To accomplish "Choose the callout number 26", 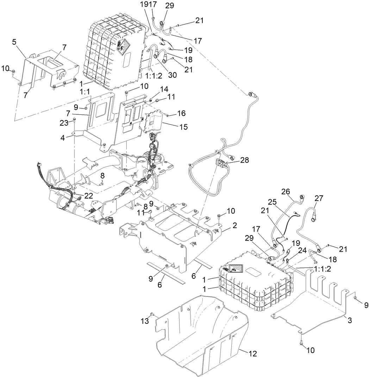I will [285, 191].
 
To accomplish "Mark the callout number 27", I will [319, 198].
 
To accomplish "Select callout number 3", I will [350, 320].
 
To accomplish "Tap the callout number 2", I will [234, 225].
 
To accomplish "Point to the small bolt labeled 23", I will [75, 121].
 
